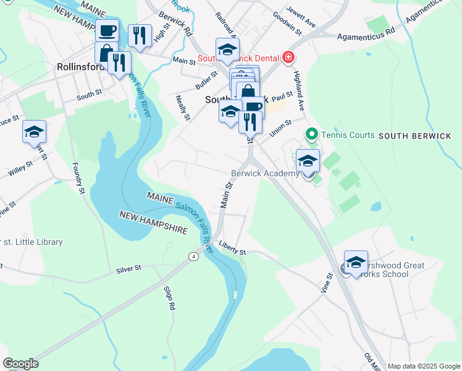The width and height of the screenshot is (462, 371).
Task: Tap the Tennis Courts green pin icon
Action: (x=312, y=134)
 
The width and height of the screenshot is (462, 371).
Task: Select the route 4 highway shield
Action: (x=193, y=255)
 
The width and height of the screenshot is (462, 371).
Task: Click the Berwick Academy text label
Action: (x=265, y=174)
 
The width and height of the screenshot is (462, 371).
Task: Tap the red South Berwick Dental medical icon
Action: (x=287, y=58)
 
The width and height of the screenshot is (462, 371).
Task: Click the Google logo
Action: (x=20, y=364)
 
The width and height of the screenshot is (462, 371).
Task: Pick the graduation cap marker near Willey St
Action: (x=35, y=132)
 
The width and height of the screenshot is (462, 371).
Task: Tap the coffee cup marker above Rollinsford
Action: (x=107, y=30)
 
